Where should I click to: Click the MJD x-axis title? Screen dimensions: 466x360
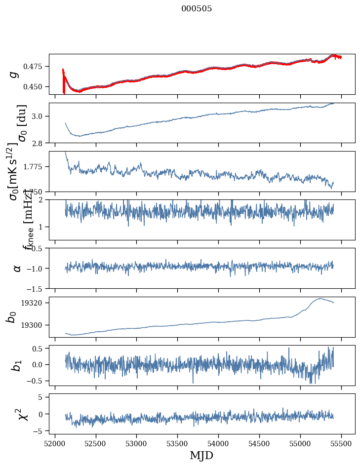tap(201, 456)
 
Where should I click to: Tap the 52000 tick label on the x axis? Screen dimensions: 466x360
tap(55, 443)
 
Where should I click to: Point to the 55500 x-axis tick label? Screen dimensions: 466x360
tap(341, 443)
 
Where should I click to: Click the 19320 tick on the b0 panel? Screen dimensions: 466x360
tap(36, 303)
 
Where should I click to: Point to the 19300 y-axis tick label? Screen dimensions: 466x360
tap(36, 325)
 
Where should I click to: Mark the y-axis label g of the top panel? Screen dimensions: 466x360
tap(14, 74)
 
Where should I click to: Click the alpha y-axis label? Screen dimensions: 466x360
tap(17, 268)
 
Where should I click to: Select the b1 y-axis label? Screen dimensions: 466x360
tap(16, 365)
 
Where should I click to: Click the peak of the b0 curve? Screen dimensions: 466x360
tap(320, 298)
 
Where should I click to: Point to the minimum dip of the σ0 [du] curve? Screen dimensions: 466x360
tap(78, 136)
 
